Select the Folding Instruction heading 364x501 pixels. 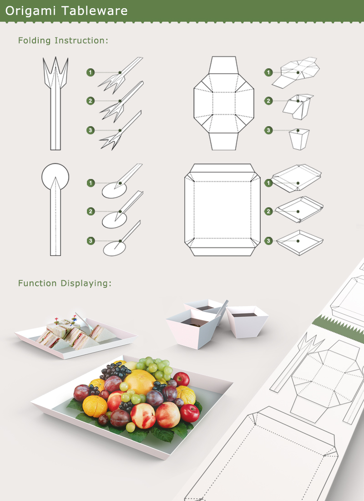63,41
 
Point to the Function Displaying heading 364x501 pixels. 65,283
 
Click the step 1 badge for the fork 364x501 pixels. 91,72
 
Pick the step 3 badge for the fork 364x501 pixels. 91,131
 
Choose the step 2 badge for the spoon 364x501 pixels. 91,211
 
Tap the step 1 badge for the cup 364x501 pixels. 269,72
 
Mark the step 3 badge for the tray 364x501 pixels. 269,240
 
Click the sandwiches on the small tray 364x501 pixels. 68,334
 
